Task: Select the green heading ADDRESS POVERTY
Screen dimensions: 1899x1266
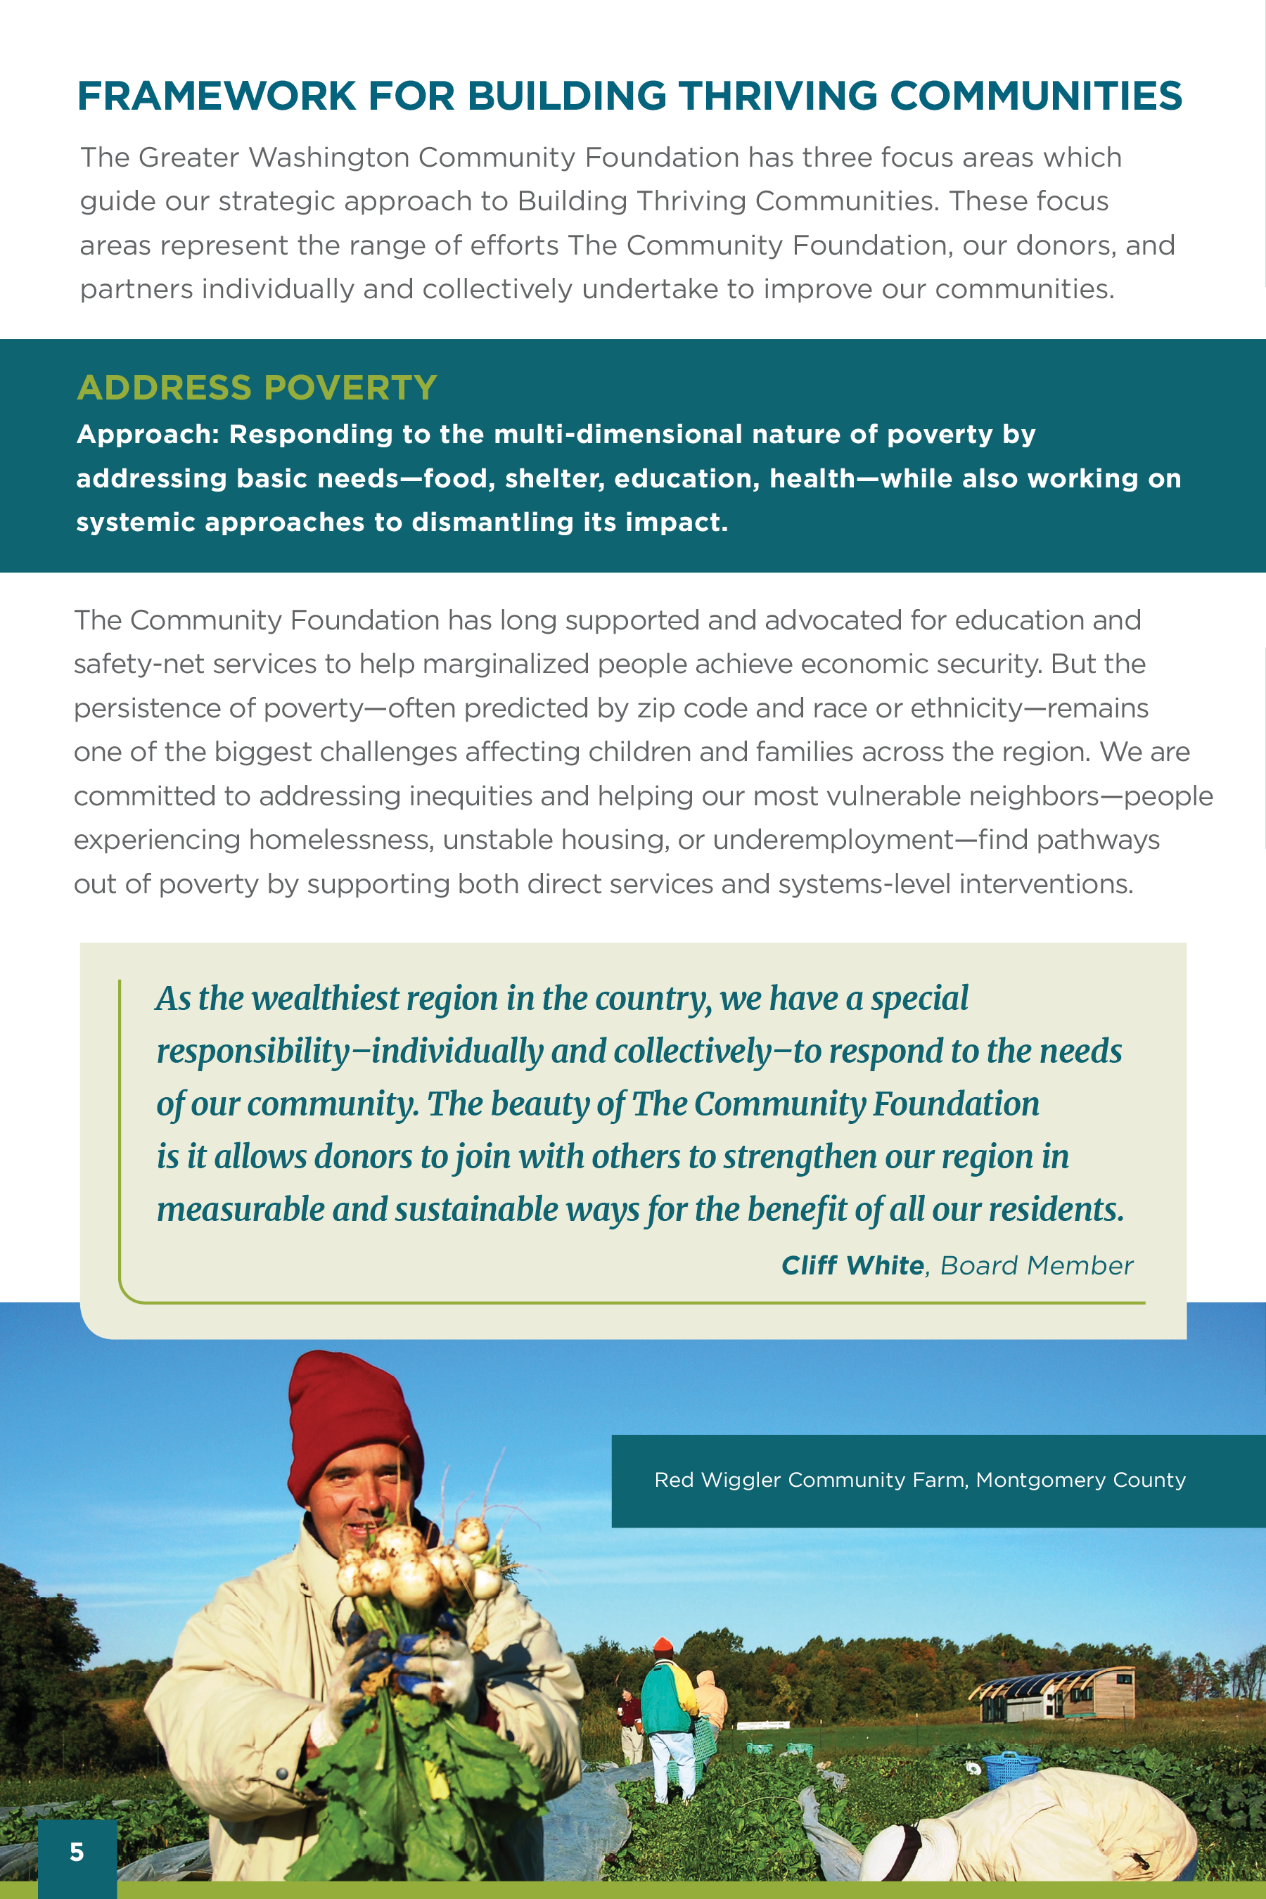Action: pos(257,388)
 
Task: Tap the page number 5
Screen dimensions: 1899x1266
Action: pos(77,1851)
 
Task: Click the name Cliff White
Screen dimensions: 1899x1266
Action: pos(852,1265)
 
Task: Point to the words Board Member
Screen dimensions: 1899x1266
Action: pos(1037,1265)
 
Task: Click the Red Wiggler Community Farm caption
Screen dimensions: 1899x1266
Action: pos(920,1480)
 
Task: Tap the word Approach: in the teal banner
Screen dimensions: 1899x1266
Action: pos(148,435)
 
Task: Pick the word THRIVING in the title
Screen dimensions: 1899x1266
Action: pos(777,96)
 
